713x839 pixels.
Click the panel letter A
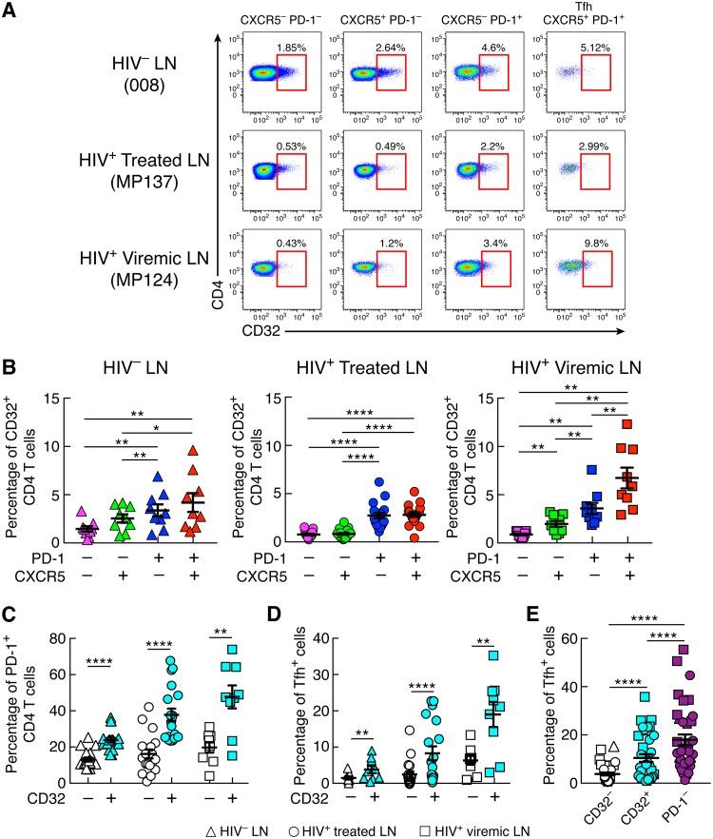(x=12, y=11)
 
